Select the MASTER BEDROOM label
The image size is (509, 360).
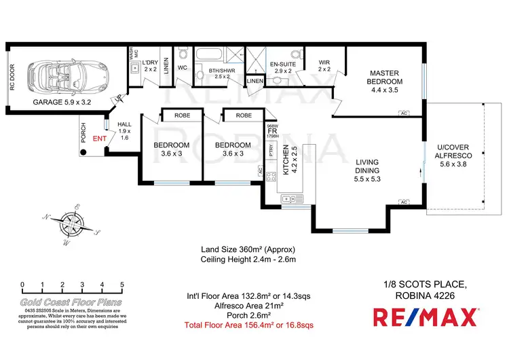point(385,77)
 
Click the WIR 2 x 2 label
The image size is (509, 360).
point(324,66)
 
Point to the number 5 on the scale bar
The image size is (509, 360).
point(122,285)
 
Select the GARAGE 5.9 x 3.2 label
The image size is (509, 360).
point(62,103)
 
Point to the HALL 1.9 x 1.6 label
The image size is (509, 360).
point(124,130)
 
